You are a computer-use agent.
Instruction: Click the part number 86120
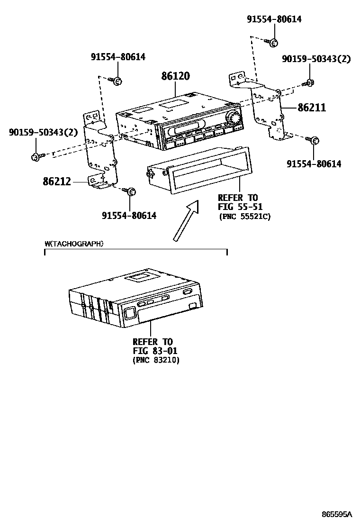175,76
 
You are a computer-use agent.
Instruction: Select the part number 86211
312,108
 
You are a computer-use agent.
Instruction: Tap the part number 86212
57,181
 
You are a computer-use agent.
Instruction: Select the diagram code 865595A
337,514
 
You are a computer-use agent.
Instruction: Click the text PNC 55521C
244,217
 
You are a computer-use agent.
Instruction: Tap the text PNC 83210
156,360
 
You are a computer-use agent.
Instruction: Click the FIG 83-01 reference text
153,351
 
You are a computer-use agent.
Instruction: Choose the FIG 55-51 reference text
240,207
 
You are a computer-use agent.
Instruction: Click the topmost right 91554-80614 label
274,19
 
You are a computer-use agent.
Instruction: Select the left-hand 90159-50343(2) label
43,133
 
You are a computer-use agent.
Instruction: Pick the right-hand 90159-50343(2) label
316,59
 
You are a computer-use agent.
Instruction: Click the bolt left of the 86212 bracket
36,156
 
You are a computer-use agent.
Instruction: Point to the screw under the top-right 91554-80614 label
272,43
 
